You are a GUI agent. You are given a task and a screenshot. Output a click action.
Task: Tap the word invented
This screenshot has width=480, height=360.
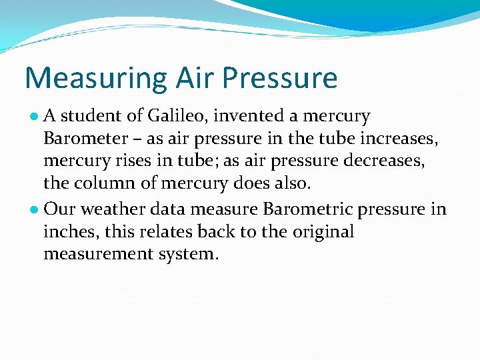(251, 116)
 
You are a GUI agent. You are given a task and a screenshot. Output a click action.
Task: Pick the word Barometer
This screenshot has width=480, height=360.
(85, 139)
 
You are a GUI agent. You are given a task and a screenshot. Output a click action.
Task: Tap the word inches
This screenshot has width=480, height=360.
(67, 232)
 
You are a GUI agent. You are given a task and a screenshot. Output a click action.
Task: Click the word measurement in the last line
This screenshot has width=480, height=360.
(103, 255)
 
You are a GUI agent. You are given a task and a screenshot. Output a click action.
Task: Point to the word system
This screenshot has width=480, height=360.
(194, 255)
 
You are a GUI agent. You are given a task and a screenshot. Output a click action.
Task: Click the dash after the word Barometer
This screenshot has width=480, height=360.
(137, 140)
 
